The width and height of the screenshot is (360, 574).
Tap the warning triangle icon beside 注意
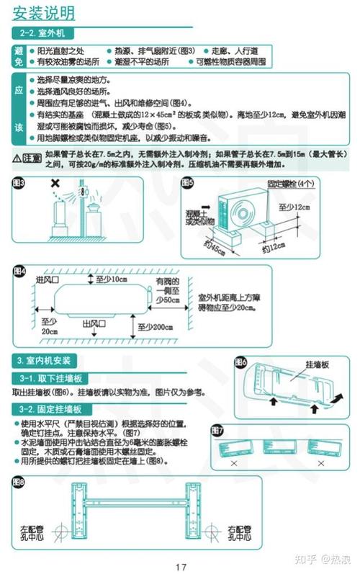tap(17, 156)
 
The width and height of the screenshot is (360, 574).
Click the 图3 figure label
tap(19, 183)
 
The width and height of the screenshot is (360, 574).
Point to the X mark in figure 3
tap(55, 184)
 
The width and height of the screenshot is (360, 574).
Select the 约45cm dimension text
tap(213, 251)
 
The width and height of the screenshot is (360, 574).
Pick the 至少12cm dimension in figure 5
tap(294, 207)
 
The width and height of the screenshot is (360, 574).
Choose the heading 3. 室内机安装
tap(45, 360)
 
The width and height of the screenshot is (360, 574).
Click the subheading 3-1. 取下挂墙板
tap(50, 379)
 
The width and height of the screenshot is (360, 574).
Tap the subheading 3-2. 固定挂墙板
tap(50, 409)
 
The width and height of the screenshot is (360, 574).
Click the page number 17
tap(181, 566)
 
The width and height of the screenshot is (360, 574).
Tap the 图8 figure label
tap(19, 480)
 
